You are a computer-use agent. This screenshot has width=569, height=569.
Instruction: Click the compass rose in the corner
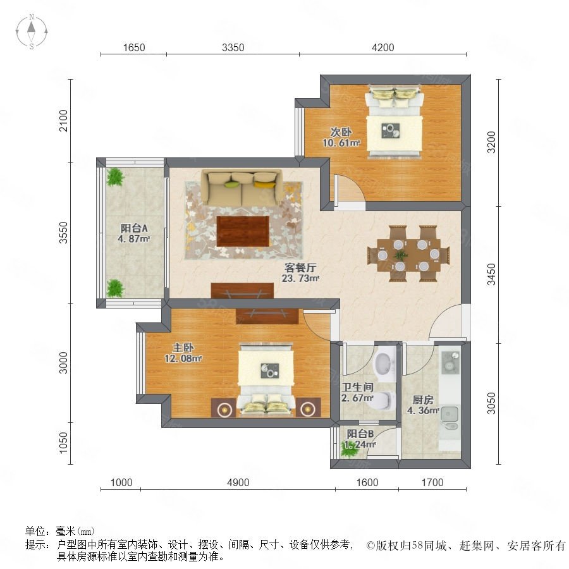point(32,32)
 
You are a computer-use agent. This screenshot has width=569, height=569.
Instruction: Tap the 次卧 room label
point(341,132)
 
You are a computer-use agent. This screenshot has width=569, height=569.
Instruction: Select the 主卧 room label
point(183,348)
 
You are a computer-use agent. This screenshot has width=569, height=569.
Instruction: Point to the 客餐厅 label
point(300,268)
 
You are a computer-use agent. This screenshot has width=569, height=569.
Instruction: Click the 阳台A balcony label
point(134,228)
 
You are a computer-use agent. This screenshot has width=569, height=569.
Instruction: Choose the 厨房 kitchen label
point(423,400)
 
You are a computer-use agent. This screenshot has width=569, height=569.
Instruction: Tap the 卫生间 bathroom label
point(357,387)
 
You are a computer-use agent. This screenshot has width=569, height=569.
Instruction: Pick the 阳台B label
point(360,434)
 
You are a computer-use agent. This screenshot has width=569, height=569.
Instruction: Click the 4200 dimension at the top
point(383,47)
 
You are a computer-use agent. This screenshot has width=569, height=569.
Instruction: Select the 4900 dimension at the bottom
point(238,482)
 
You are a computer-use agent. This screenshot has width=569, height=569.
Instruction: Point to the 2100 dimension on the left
point(63,121)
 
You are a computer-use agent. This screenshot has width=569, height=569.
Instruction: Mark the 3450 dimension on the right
point(491,274)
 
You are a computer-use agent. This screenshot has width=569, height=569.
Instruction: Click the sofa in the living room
point(242,187)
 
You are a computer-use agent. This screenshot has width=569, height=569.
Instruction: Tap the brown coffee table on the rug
point(243,231)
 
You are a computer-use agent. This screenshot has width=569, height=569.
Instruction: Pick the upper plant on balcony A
point(116,177)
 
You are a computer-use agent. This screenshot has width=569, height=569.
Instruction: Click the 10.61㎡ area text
point(341,143)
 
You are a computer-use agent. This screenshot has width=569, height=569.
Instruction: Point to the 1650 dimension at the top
point(134,47)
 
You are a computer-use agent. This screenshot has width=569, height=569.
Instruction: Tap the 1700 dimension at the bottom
point(432,482)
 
